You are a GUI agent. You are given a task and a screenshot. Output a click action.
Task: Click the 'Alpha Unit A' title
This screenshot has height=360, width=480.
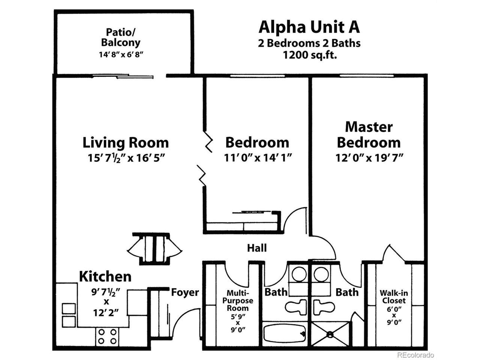click(x=309, y=27)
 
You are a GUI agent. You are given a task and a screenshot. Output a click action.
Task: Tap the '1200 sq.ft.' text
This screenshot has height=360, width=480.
click(x=309, y=55)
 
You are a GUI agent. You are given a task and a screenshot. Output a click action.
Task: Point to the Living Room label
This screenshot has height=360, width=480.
click(x=126, y=142)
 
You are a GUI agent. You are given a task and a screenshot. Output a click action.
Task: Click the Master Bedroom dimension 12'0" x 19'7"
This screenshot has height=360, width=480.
click(x=369, y=157)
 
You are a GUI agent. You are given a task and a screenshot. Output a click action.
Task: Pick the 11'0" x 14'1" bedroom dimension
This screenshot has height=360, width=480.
click(x=258, y=157)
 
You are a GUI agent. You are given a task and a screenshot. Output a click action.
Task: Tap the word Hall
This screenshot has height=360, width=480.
click(x=257, y=248)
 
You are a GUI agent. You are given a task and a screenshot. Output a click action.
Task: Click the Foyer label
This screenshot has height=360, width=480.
click(x=185, y=292)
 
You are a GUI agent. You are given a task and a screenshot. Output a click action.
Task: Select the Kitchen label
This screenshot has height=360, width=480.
click(x=105, y=276)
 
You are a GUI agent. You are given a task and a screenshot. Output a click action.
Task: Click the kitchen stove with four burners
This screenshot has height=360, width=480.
click(x=107, y=336)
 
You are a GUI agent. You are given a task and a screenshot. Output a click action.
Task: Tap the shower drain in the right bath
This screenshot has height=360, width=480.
click(x=330, y=333)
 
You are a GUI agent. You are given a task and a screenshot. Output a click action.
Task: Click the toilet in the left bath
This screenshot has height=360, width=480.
click(x=296, y=307)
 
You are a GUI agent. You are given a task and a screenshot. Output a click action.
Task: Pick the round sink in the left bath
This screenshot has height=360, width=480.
click(x=298, y=274)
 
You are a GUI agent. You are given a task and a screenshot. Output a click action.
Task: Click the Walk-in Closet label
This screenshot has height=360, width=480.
click(x=392, y=297)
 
